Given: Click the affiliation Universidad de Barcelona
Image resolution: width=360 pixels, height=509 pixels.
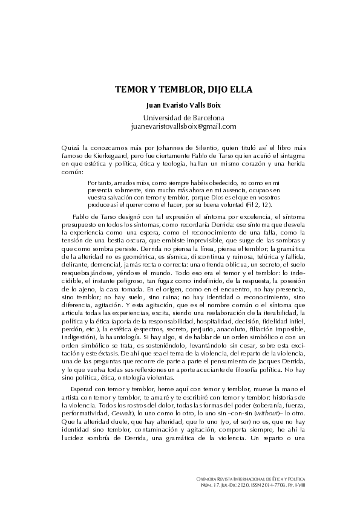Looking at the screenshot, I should (180, 117).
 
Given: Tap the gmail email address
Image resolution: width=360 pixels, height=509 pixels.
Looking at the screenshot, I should (180, 126).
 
